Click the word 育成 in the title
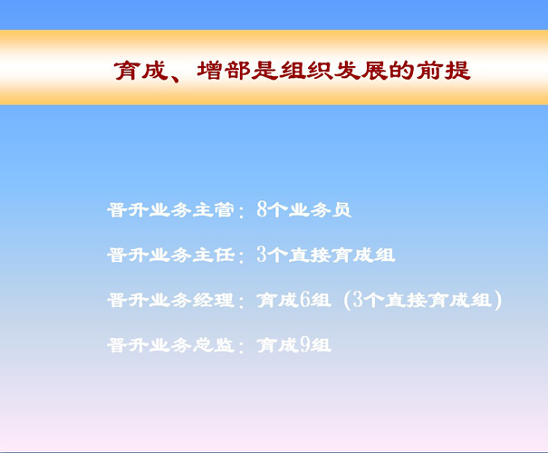[141, 71]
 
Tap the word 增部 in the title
[224, 71]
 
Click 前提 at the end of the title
[443, 71]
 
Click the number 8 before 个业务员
[262, 209]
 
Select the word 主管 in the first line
[214, 210]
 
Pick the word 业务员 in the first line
[320, 210]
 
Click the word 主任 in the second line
[214, 255]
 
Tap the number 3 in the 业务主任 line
[262, 254]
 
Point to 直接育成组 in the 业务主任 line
[341, 255]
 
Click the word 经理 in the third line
[214, 300]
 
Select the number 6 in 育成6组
[304, 299]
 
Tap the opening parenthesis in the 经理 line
[348, 300]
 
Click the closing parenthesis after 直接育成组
[498, 300]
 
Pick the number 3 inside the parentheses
[358, 299]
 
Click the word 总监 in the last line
[214, 345]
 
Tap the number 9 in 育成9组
[304, 344]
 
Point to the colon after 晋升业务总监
[241, 347]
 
